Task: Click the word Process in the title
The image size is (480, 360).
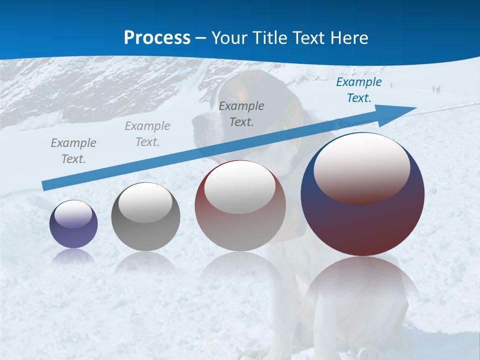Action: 157,37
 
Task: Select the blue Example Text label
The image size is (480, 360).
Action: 358,90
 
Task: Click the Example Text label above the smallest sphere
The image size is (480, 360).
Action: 73,150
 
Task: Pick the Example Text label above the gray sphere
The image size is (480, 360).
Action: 147,133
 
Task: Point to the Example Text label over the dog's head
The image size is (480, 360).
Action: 241,113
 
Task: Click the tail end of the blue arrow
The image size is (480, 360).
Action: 45,186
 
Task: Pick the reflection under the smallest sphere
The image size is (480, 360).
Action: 73,256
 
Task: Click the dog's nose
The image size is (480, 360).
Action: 196,121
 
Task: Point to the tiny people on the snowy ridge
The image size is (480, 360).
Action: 436,89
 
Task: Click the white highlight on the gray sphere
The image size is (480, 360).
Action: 145,202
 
